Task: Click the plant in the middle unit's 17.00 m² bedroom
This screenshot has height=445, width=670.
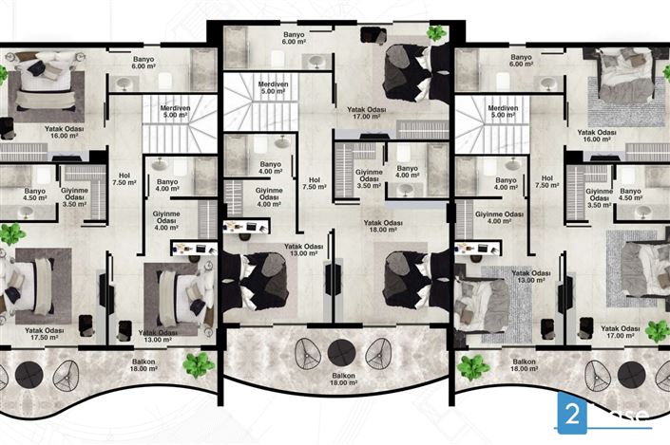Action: point(435,33)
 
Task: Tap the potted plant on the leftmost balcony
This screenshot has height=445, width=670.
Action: point(199,362)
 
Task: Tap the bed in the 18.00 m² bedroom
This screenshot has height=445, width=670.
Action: point(409,278)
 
